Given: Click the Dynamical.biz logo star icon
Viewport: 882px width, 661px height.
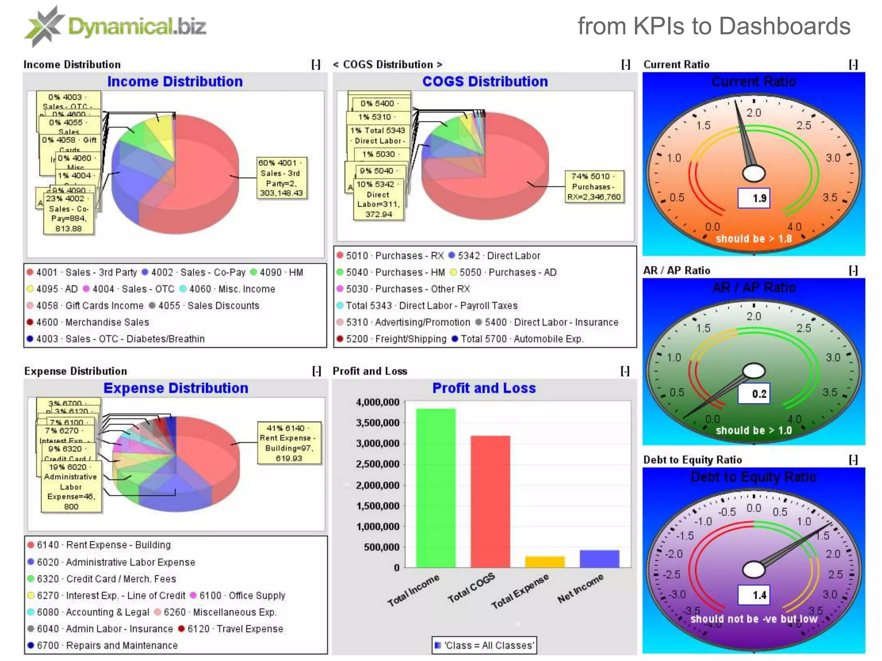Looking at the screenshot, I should pos(44,26).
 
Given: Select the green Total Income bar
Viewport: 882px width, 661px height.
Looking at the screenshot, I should pos(435,488).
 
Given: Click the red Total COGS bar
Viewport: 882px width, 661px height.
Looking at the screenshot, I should pos(490,501).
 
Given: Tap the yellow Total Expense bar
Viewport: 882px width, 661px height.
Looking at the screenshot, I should pos(545,562).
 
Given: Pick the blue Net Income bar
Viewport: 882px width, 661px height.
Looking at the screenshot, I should pos(599,559).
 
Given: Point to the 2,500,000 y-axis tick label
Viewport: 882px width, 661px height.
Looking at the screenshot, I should pos(378,464).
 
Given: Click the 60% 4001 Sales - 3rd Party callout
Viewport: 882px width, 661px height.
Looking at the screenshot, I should pos(282,178).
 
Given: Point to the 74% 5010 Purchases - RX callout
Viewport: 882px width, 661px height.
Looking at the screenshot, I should pos(594,186).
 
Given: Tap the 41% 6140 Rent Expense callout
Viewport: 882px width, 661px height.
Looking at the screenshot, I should pos(289,443).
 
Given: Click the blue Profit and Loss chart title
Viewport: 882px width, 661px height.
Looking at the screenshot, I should pos(484,388).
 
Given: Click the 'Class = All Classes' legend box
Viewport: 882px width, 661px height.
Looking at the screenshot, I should pos(484,646).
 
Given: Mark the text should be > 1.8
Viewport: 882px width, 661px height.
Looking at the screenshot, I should pos(754,239).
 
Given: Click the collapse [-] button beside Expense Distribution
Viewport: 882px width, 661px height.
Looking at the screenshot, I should pos(317,371).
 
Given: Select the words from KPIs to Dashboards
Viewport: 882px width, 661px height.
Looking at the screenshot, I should pos(714,26).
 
